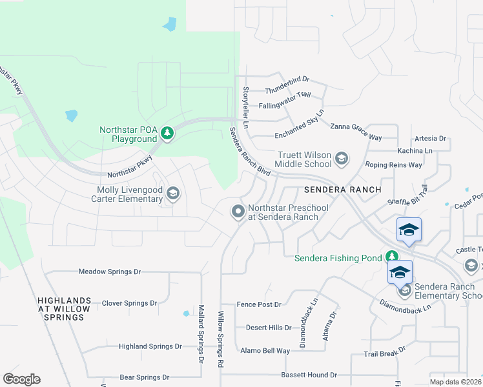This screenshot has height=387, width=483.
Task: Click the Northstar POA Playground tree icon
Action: (x=167, y=134)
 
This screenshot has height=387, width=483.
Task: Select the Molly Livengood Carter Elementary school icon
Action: (x=172, y=193)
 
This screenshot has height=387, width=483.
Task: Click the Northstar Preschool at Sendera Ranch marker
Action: (x=238, y=212)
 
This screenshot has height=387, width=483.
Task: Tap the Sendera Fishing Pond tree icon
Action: (x=391, y=257)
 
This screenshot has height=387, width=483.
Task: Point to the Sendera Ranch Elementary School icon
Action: (x=405, y=290)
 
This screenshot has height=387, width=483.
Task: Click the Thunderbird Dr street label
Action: (x=287, y=81)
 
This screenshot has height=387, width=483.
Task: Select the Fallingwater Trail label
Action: (x=285, y=95)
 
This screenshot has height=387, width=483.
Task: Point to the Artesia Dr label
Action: (x=431, y=138)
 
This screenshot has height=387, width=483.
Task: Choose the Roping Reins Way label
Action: (x=393, y=165)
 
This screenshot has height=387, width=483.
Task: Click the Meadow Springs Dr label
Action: (x=109, y=272)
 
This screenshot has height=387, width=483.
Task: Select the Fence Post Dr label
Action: (x=259, y=304)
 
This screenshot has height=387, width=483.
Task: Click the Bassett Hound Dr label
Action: (x=309, y=375)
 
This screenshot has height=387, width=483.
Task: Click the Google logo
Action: (x=21, y=379)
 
